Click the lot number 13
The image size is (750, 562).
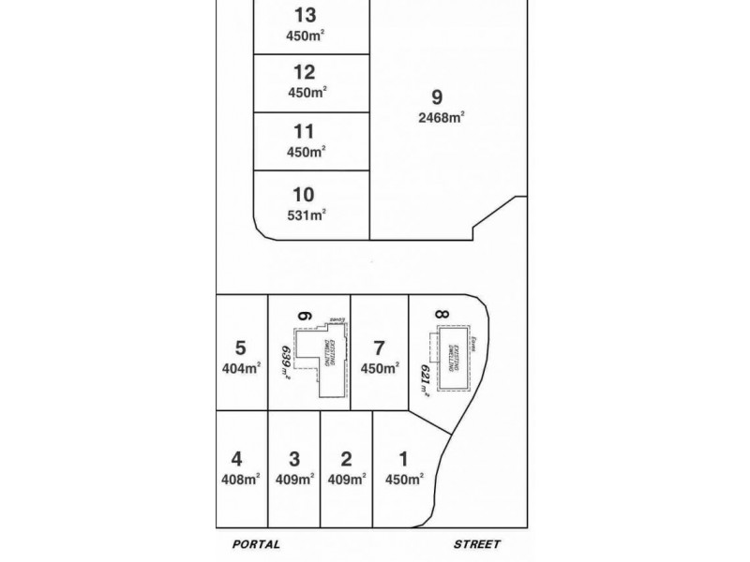(x=305, y=15)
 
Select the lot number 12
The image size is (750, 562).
(x=304, y=72)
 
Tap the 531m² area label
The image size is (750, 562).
(x=306, y=214)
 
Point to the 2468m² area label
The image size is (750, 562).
(x=442, y=117)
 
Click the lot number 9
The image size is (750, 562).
(x=436, y=97)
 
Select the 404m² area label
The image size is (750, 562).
(x=240, y=368)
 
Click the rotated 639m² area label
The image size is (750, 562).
(x=286, y=361)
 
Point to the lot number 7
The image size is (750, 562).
(x=379, y=348)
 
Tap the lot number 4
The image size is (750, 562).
(x=236, y=459)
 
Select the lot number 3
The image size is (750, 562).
(x=294, y=459)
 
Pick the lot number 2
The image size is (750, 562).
(x=346, y=459)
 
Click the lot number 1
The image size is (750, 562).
(x=403, y=459)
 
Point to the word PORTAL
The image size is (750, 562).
(x=257, y=543)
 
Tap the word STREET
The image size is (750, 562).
(x=476, y=543)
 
